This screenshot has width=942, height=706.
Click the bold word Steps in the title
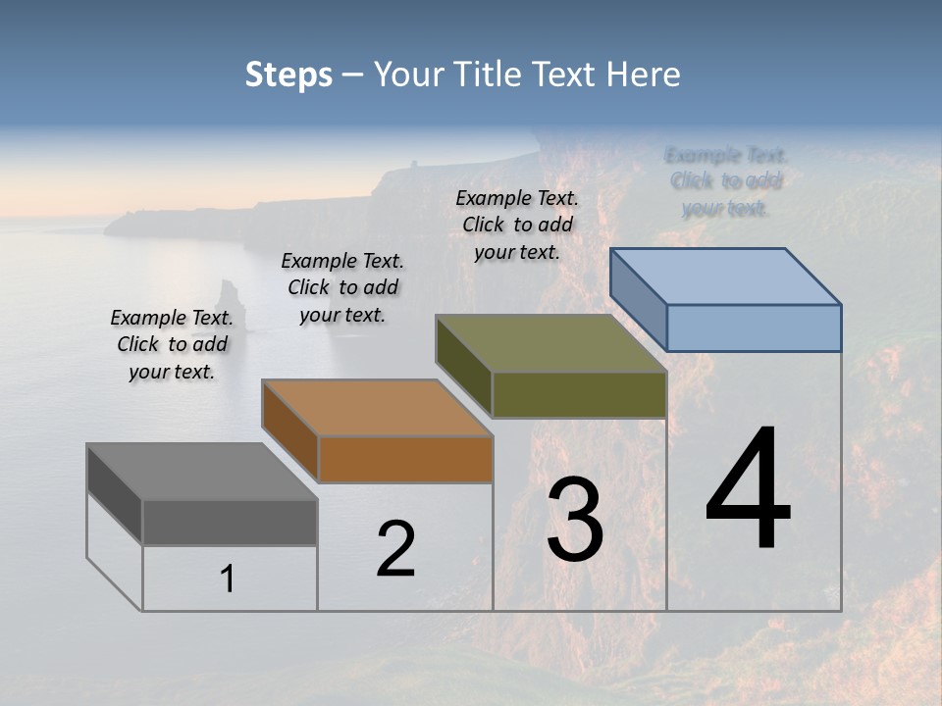288,75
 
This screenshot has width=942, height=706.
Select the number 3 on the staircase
575,520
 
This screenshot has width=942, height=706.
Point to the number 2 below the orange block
395,549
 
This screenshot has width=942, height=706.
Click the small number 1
227,580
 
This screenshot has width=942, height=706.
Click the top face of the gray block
202,472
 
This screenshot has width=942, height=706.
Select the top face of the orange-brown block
377,408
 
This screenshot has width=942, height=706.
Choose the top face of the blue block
726,277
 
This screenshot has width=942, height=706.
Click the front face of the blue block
754,328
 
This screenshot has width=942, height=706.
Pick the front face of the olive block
579,394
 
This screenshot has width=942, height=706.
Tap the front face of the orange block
405,459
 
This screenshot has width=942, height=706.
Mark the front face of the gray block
230,522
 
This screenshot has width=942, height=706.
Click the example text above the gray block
172,344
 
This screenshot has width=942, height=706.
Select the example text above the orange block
342,287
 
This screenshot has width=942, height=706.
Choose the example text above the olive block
517,225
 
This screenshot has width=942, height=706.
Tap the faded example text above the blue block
726,181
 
